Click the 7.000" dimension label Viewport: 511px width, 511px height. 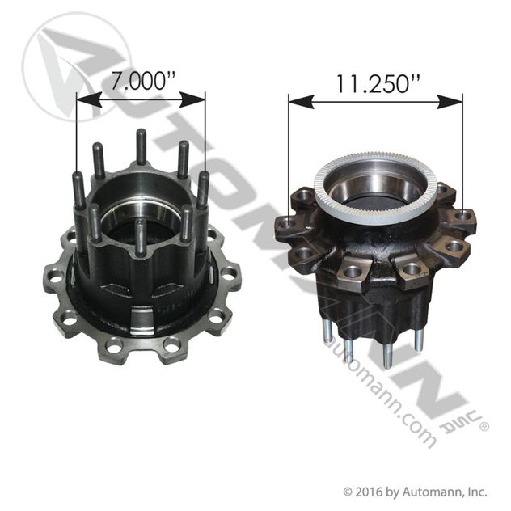[143, 81]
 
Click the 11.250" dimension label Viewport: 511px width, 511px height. [377, 84]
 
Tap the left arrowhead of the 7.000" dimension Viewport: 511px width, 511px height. [89, 99]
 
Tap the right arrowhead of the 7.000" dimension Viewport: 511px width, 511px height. [192, 99]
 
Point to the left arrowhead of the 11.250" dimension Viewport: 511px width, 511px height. [301, 102]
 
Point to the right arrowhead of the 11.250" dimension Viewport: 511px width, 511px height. [450, 102]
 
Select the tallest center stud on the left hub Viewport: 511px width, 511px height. [141, 146]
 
